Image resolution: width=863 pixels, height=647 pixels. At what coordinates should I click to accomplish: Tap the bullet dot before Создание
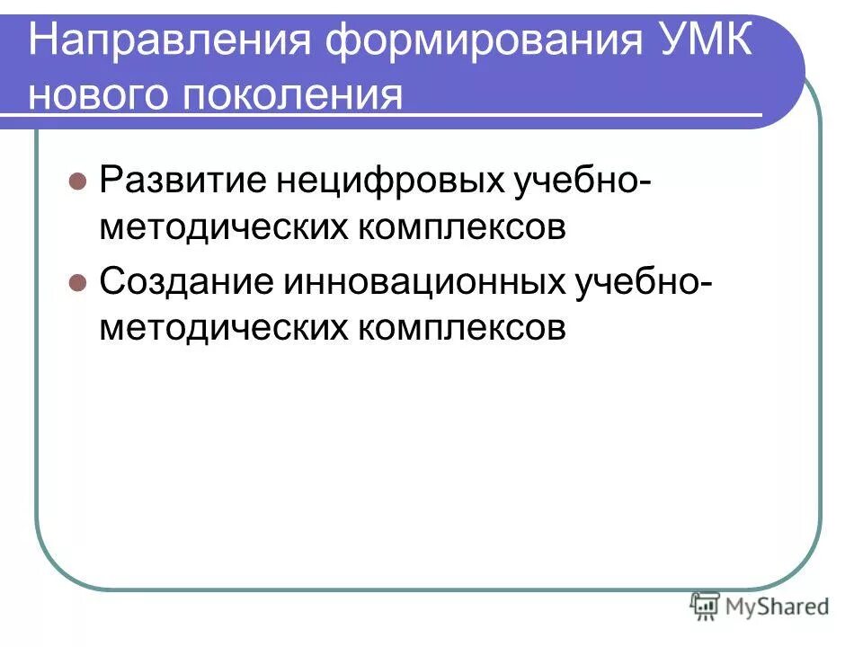click(77, 281)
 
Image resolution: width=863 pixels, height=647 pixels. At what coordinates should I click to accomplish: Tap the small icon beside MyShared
click(705, 607)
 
